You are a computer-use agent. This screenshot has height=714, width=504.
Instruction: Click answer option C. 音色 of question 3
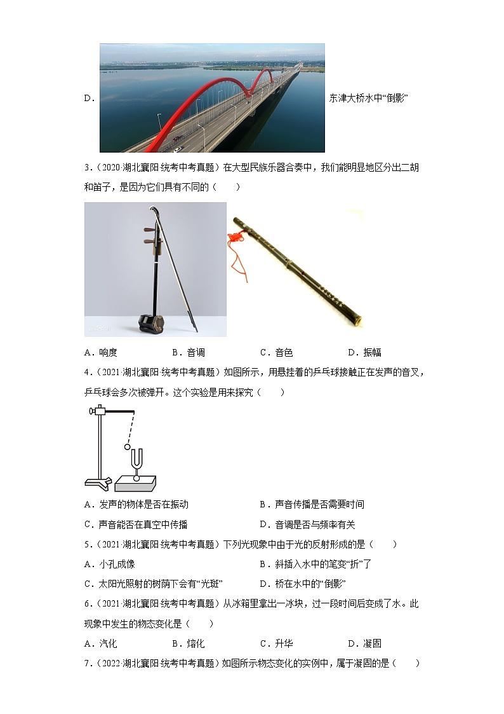pos(276,352)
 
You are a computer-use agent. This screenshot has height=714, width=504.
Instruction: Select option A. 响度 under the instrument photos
pos(100,352)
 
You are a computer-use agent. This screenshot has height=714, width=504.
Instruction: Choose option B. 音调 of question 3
pos(189,352)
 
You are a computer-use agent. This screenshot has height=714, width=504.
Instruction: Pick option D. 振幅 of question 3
pos(364,352)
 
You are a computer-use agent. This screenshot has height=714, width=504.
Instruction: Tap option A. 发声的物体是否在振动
pos(136,504)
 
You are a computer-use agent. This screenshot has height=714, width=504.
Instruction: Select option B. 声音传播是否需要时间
pos(312,504)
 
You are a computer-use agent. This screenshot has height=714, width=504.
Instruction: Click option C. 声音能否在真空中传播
pos(136,525)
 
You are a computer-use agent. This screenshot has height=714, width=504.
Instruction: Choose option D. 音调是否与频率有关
pos(307,525)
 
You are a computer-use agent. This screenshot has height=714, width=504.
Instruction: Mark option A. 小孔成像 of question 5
pos(109,564)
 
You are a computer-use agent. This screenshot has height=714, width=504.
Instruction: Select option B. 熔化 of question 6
pos(189,643)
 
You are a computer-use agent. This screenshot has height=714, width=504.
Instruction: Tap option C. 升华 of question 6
pos(276,643)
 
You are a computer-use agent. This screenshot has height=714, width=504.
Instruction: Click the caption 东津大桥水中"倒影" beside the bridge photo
pos(368,98)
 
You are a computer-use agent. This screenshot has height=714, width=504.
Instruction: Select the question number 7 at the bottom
pos(87,663)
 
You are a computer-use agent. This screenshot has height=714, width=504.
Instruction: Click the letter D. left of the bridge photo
pos(89,98)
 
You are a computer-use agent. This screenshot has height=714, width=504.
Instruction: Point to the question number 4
pos(87,372)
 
